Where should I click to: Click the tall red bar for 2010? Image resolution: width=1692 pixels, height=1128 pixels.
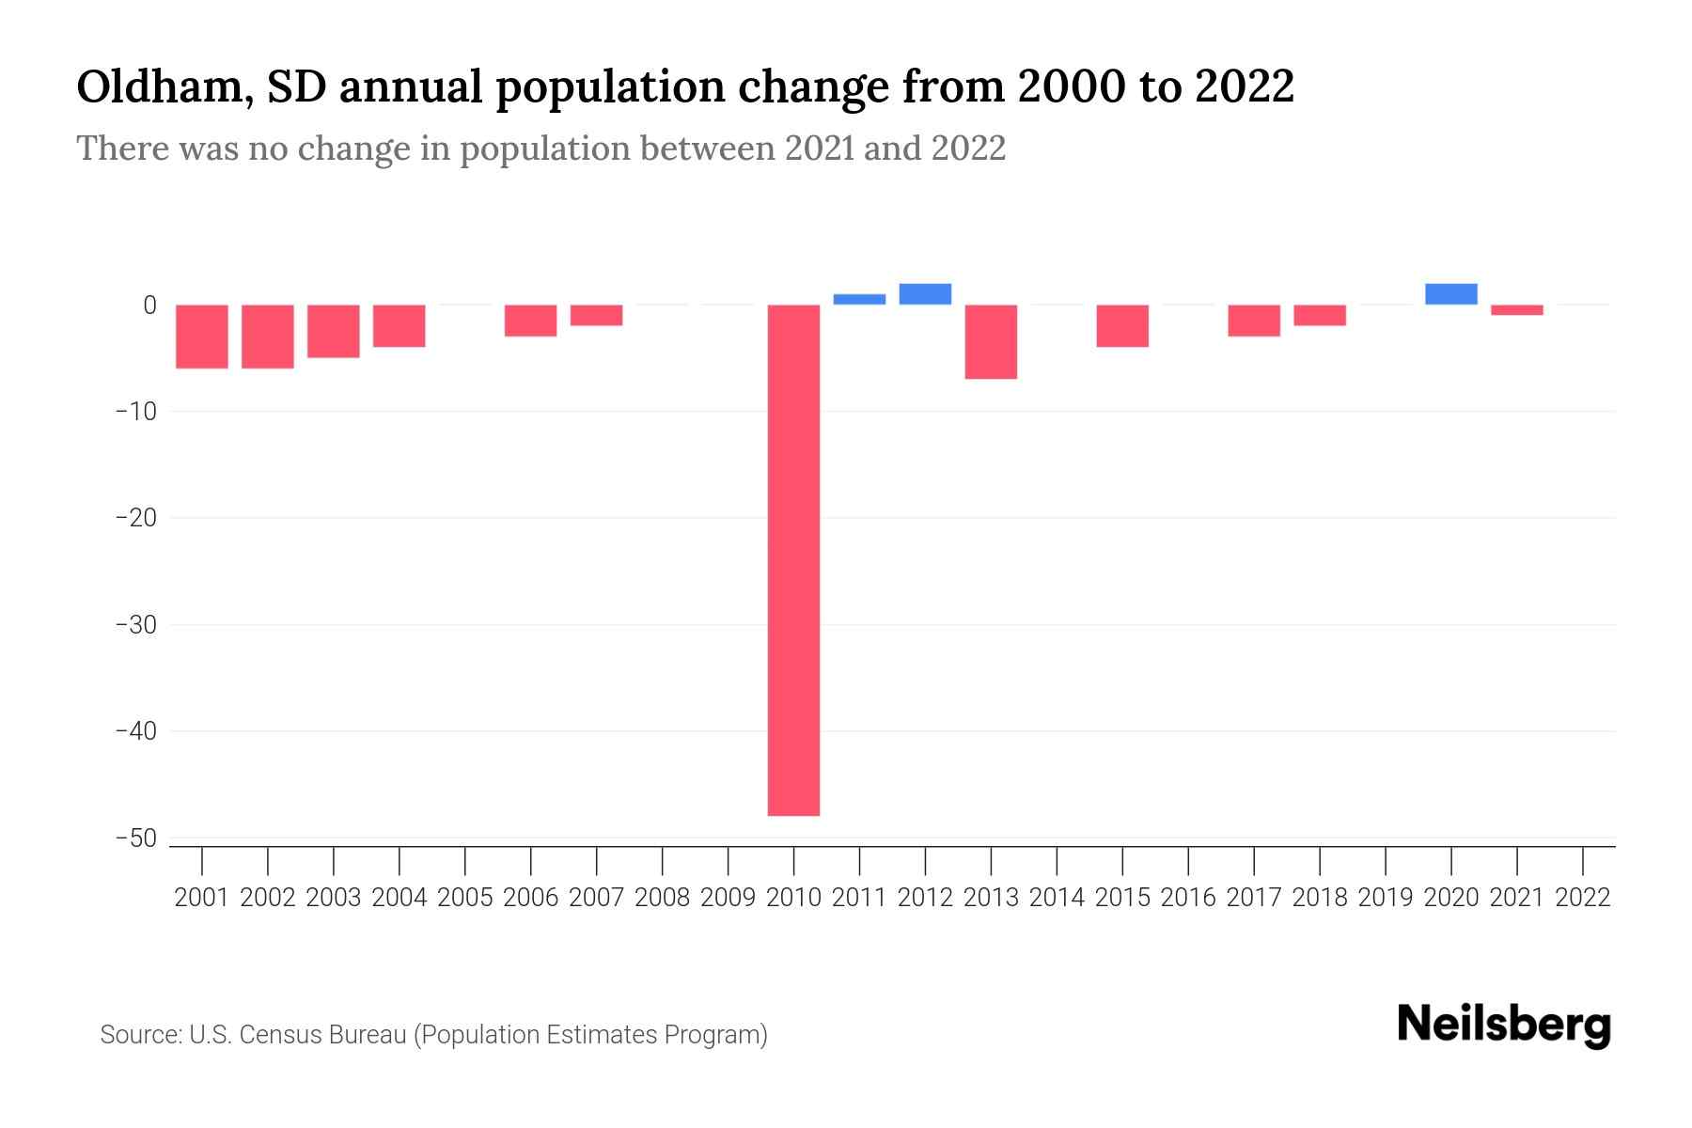pos(793,560)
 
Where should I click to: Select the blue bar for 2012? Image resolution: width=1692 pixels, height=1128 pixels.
pos(925,294)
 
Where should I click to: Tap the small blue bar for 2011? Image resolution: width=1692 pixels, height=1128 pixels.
pos(859,300)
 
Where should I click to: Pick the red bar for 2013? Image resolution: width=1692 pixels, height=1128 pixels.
pos(991,341)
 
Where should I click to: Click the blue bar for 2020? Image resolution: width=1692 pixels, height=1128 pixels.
pos(1450,294)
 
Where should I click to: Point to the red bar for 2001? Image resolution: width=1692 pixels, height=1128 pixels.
pos(202,337)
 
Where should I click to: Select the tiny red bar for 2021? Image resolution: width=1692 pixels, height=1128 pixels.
pos(1516,310)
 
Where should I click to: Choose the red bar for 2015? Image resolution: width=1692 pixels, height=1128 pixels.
pos(1122,325)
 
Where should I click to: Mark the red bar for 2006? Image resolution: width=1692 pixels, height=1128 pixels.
pos(530,321)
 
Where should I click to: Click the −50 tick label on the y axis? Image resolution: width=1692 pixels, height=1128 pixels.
pos(135,838)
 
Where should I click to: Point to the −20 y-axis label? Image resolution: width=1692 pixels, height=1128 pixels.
pos(135,518)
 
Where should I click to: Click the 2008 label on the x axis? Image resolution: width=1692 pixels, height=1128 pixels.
pos(662,898)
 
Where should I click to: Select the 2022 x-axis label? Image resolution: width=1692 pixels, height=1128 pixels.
pos(1582,898)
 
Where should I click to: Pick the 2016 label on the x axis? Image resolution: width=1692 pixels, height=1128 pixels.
pos(1188,898)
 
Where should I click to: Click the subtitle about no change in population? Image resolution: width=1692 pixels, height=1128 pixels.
pos(540,149)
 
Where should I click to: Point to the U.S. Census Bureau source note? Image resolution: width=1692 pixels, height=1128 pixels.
pos(433,1035)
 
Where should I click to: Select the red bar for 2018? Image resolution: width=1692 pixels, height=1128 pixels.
pos(1319,315)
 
